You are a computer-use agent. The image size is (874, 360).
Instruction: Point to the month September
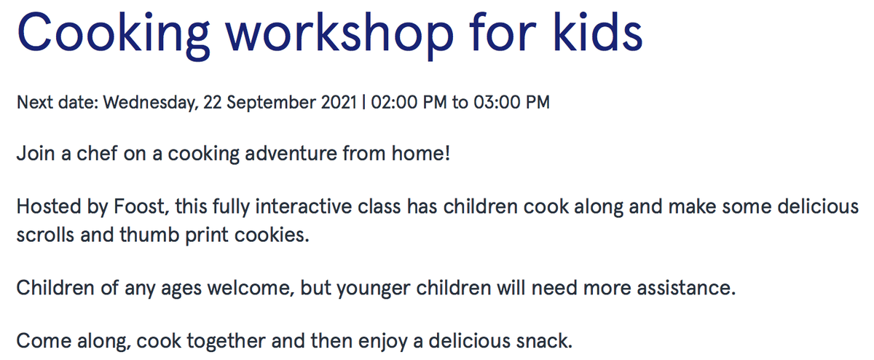tap(271, 103)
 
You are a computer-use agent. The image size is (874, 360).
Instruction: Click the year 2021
tap(339, 102)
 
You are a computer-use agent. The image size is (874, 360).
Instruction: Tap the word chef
tap(97, 153)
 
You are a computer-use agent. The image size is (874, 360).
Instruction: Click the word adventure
tap(291, 153)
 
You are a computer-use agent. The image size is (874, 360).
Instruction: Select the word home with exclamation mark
tap(421, 153)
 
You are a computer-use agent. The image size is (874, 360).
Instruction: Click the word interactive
tap(304, 206)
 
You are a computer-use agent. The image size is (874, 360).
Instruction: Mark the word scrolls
tap(45, 235)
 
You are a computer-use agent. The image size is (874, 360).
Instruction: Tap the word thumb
tap(149, 235)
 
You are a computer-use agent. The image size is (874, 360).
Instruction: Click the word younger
tap(374, 289)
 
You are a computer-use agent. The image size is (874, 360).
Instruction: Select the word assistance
tap(686, 288)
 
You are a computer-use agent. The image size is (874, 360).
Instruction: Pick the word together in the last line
tap(227, 341)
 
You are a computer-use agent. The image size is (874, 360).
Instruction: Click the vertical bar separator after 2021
tap(364, 103)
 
